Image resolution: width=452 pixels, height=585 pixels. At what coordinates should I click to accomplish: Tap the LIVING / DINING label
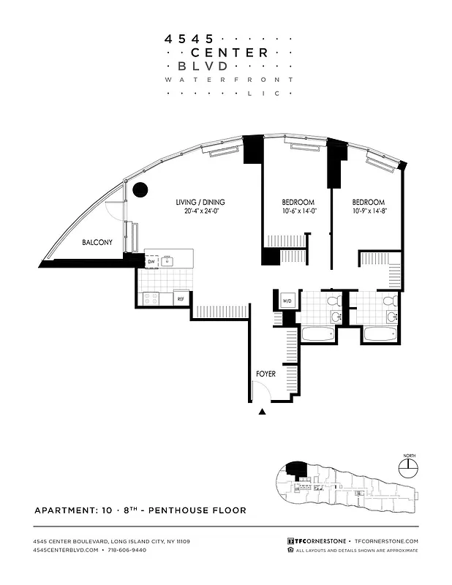(x=200, y=203)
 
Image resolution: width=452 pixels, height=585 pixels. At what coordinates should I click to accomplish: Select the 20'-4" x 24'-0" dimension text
(x=200, y=213)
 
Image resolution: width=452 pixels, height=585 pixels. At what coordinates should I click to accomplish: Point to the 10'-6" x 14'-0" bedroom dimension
(x=298, y=213)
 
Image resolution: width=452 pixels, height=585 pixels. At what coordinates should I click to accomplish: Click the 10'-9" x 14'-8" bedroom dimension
(x=368, y=213)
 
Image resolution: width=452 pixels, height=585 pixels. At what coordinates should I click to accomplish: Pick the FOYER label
(x=265, y=374)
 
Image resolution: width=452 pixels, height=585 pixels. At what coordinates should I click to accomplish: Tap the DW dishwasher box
(x=151, y=260)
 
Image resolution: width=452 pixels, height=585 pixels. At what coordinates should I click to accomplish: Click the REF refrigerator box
(x=180, y=298)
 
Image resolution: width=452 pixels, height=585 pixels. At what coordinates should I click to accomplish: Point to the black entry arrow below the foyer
(x=263, y=412)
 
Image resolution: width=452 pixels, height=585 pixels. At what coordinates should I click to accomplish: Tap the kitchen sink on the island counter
(x=167, y=260)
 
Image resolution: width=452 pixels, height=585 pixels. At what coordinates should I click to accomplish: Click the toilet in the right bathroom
(x=389, y=301)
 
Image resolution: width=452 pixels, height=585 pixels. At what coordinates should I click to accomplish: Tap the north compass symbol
(x=409, y=466)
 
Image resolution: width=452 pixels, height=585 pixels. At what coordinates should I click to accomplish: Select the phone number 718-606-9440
(x=125, y=549)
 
